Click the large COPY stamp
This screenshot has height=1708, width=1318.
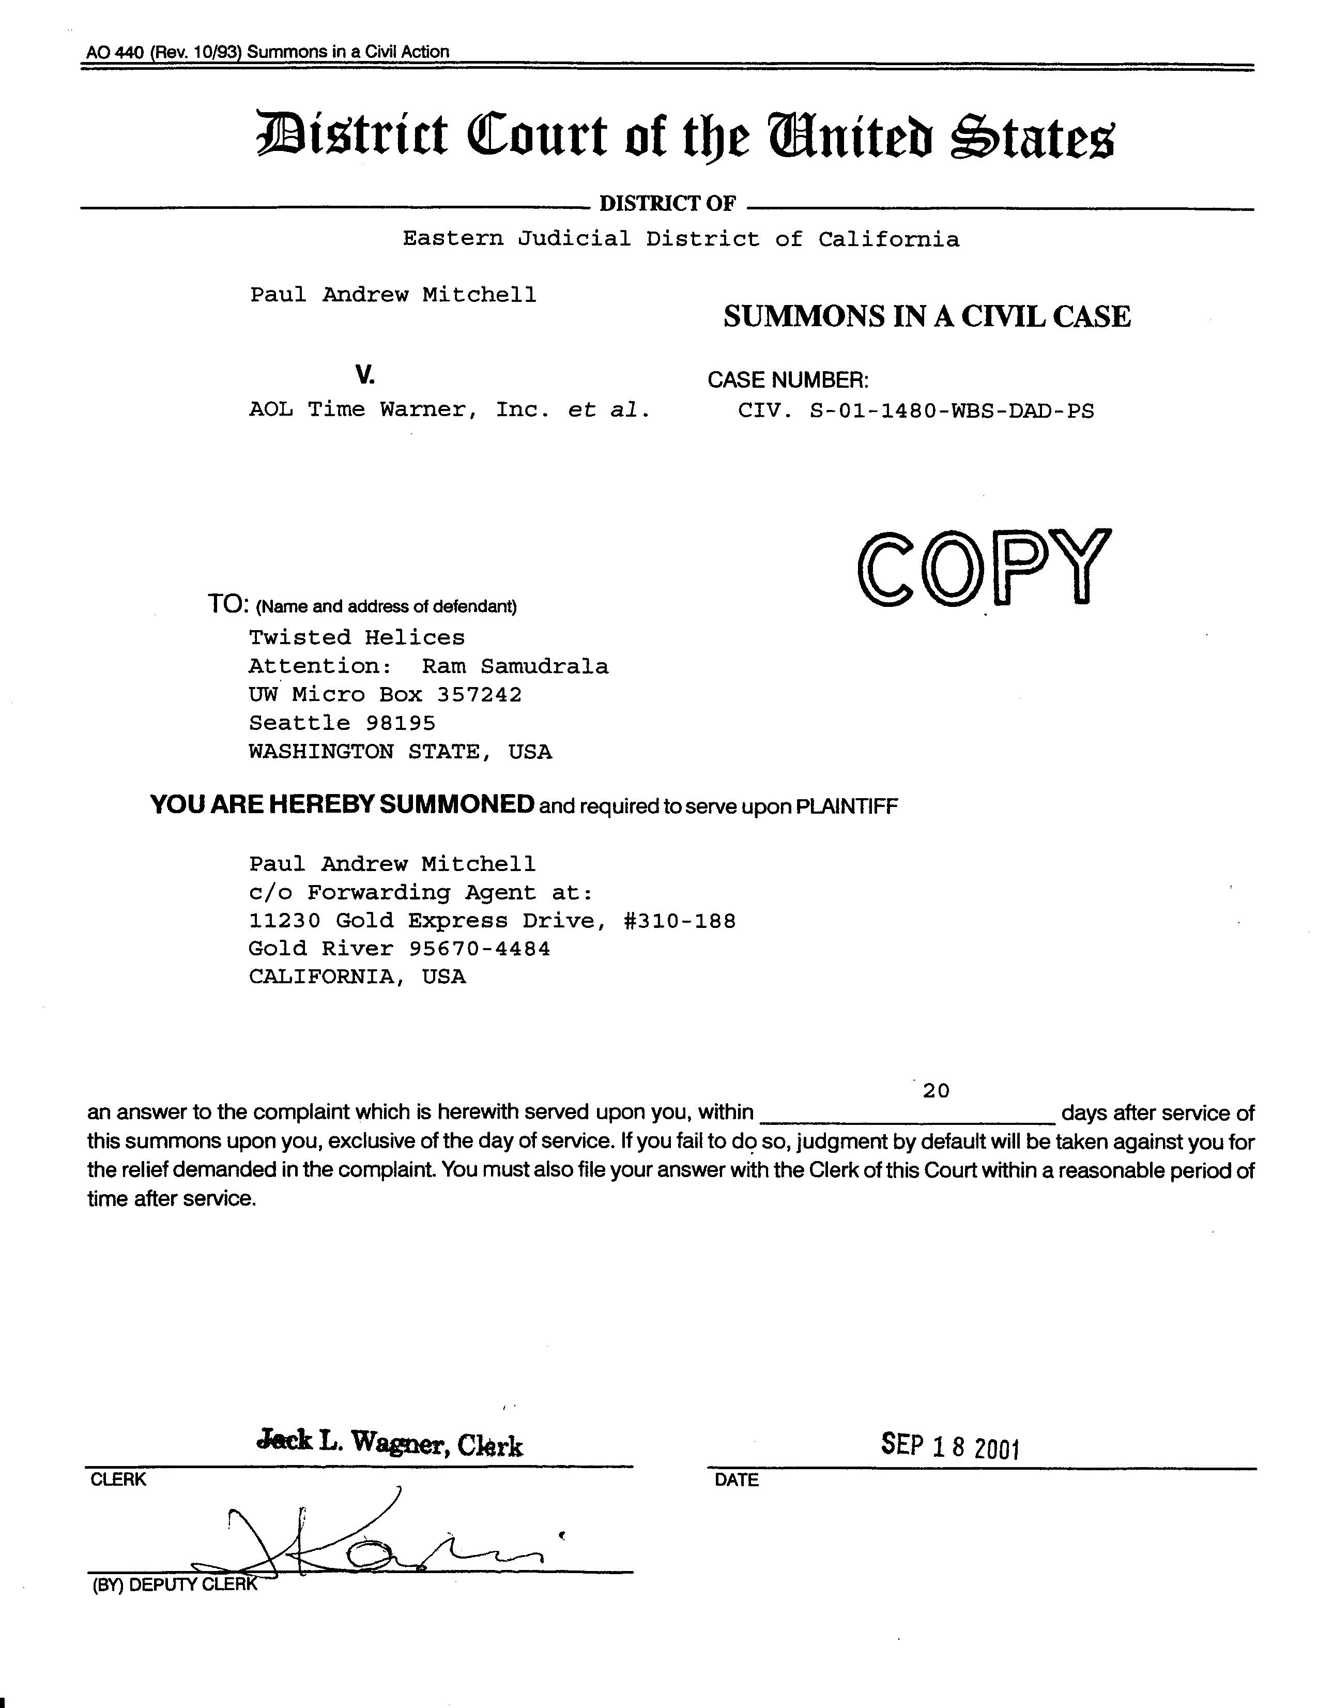click(x=984, y=568)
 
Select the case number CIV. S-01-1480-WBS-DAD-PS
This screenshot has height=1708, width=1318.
click(x=915, y=410)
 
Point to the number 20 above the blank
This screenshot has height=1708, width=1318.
click(x=935, y=1090)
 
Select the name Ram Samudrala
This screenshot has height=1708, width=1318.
click(x=514, y=666)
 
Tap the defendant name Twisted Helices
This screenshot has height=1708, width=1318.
click(x=357, y=637)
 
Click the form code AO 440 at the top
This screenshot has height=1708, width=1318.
click(x=115, y=52)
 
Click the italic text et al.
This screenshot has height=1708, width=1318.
click(x=608, y=410)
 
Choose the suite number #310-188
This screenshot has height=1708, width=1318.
click(x=679, y=921)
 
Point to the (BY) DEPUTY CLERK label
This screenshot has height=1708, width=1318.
click(x=174, y=1584)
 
